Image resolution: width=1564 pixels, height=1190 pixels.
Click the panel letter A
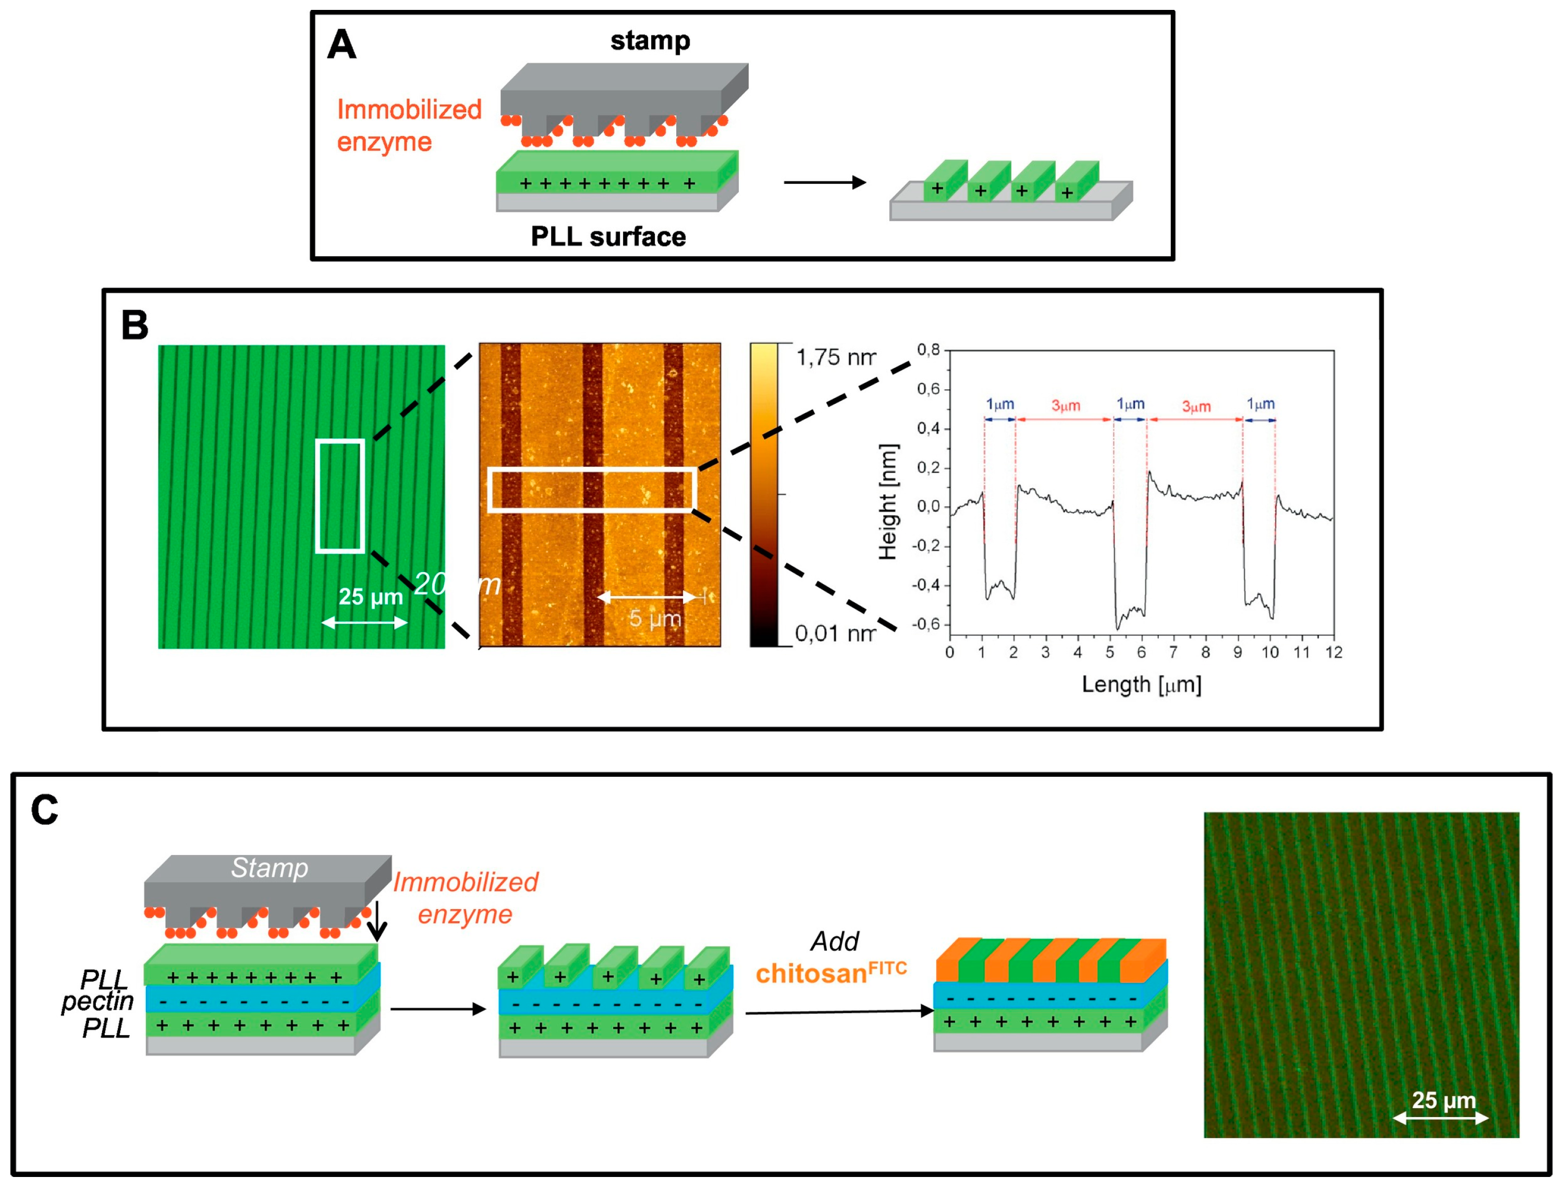coord(341,45)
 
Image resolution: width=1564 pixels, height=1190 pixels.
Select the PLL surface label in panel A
coord(607,237)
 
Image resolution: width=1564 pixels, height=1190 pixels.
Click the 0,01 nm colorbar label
coord(834,633)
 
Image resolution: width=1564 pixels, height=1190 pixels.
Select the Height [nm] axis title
coord(887,502)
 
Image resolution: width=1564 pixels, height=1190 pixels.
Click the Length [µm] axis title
coord(1140,684)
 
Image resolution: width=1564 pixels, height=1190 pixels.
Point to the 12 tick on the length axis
coord(1333,652)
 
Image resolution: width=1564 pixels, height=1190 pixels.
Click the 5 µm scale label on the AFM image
coord(654,618)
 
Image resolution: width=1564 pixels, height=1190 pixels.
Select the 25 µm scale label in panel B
coord(370,597)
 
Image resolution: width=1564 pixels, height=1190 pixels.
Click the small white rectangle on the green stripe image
coord(340,496)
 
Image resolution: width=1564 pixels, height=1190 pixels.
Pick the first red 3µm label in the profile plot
coord(1065,405)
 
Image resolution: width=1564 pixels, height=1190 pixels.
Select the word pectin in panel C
coord(98,1001)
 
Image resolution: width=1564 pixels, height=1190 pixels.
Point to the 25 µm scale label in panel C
coord(1444,1100)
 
